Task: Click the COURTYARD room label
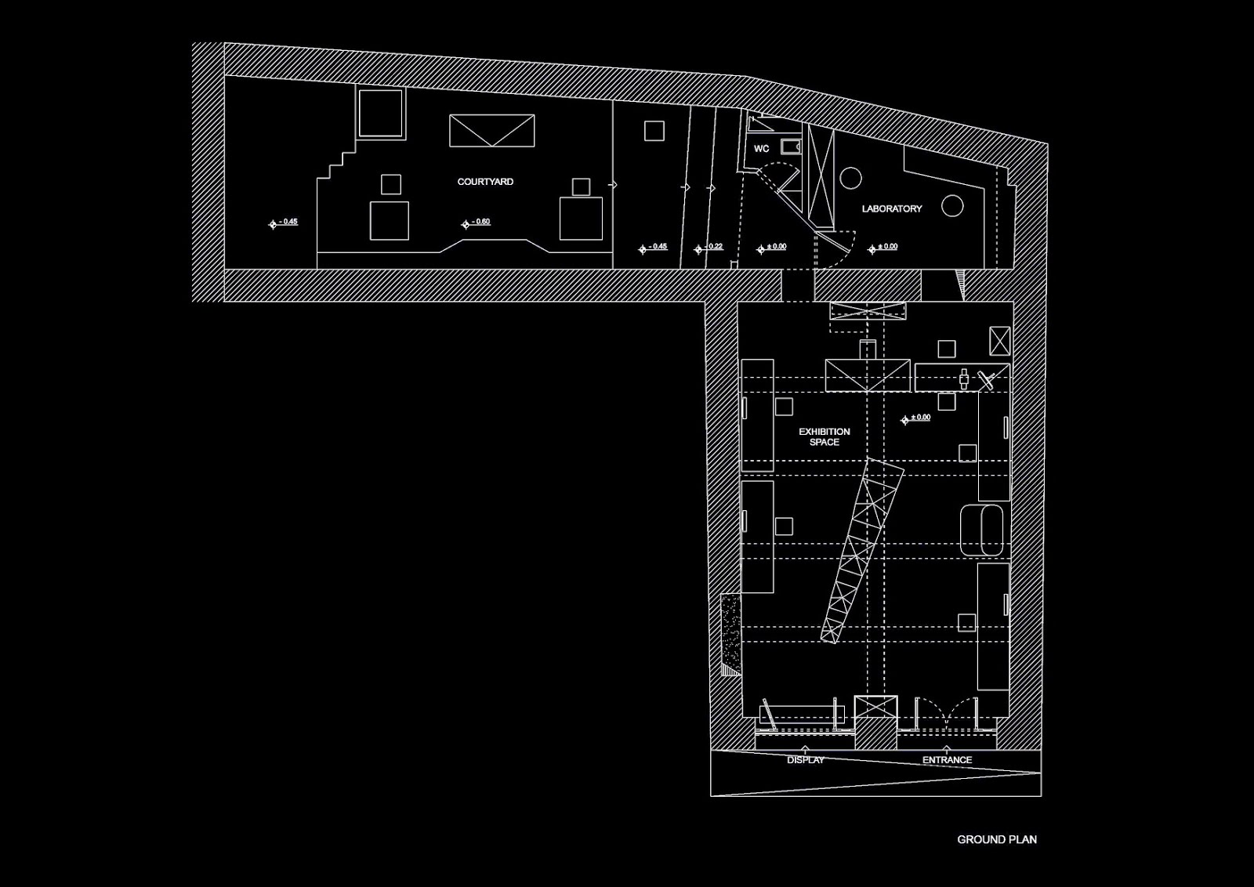point(485,182)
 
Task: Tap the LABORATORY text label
point(892,208)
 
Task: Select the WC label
point(761,149)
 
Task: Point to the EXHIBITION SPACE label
point(824,437)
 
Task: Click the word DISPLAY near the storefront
point(806,760)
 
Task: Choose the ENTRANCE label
point(948,760)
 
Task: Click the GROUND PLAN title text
point(996,839)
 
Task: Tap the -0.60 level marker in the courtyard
point(476,223)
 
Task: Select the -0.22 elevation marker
point(709,248)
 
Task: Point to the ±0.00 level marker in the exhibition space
point(916,418)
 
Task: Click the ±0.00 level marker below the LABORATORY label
point(883,248)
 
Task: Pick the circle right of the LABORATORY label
point(952,206)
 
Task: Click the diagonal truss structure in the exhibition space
point(862,551)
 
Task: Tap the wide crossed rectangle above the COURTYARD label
point(491,131)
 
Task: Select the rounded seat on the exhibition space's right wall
point(982,530)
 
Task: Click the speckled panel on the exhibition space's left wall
point(730,635)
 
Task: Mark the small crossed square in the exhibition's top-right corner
point(1000,342)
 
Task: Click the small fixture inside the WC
point(791,147)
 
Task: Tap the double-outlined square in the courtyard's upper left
point(381,113)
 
